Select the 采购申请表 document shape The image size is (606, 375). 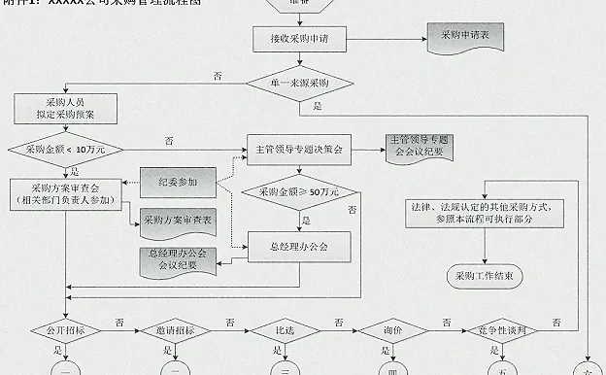pyautogui.click(x=465, y=36)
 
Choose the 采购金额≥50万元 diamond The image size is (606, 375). pyautogui.click(x=298, y=191)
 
